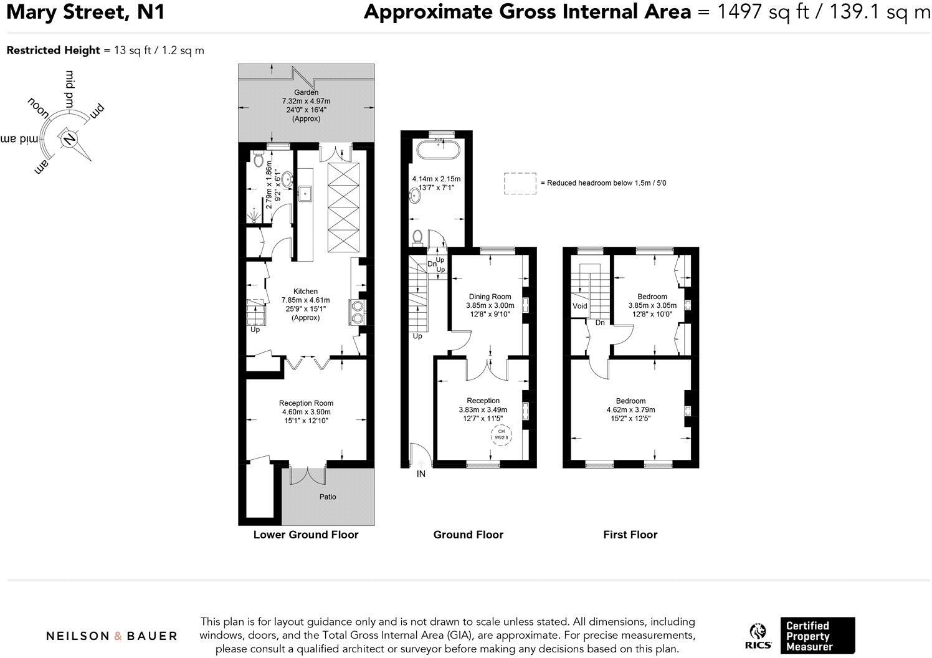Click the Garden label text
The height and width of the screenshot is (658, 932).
point(306,92)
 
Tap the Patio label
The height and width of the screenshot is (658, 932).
point(328,497)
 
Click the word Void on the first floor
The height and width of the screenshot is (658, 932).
point(579,306)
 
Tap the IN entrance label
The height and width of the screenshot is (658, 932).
point(421,474)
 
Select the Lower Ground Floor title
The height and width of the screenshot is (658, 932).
point(305,535)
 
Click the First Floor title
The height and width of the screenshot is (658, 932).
point(630,535)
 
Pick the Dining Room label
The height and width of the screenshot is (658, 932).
point(490,297)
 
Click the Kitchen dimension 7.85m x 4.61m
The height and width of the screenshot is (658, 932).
point(305,300)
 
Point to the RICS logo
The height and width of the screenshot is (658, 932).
point(758,636)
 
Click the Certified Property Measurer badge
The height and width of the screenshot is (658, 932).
point(817,636)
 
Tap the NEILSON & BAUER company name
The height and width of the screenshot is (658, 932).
point(112,636)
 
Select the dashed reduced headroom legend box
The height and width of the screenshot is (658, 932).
point(520,183)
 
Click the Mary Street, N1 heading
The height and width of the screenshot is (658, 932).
point(85,12)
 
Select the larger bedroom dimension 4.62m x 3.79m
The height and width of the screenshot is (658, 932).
point(630,410)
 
